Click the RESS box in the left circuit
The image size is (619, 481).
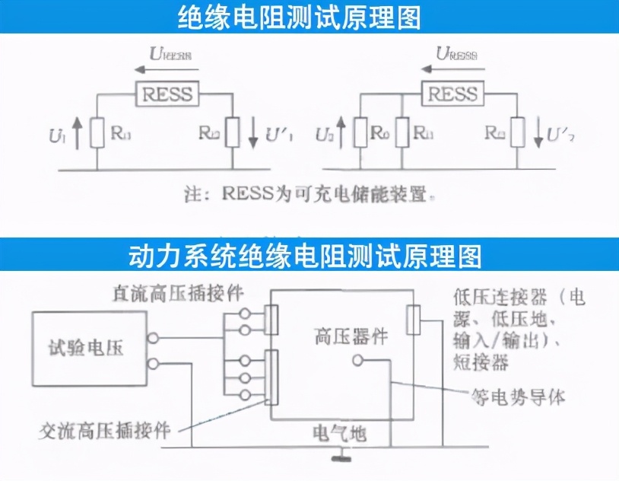167,94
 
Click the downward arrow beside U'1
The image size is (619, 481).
253,133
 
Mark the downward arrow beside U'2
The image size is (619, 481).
538,133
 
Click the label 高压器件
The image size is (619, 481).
351,334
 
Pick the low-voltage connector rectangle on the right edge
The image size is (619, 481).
414,320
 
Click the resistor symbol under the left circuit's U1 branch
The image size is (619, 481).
96,132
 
